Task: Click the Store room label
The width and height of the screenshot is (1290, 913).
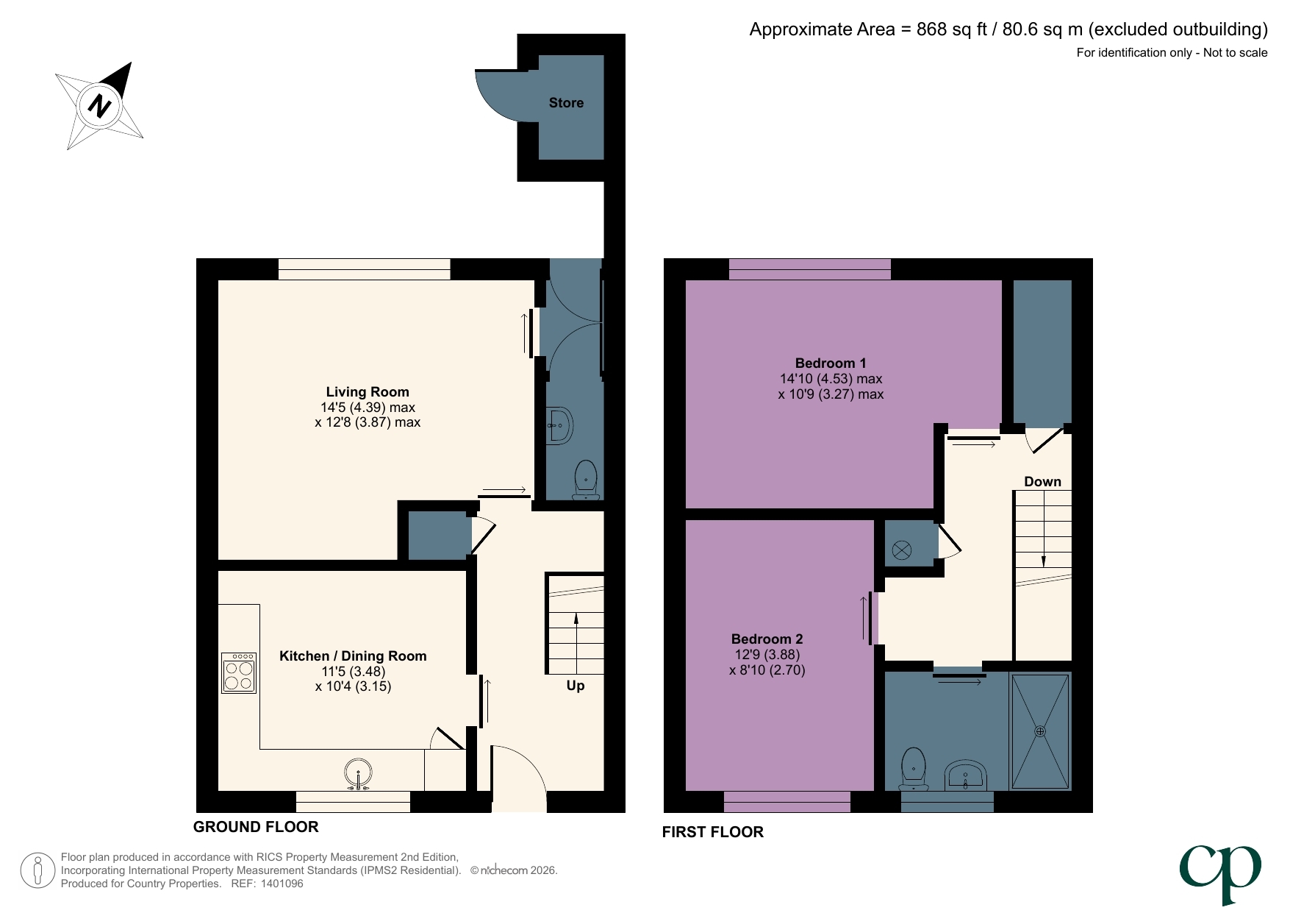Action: click(566, 103)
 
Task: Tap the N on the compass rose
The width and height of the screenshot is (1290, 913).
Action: click(99, 106)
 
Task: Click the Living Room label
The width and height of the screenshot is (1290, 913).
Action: click(368, 392)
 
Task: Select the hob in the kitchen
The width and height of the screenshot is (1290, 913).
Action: click(239, 673)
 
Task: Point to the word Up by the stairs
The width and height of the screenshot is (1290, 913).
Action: click(576, 686)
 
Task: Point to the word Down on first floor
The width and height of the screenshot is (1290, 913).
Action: click(1042, 482)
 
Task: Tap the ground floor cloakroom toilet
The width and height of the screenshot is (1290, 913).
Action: click(586, 479)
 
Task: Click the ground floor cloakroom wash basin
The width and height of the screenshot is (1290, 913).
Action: click(560, 426)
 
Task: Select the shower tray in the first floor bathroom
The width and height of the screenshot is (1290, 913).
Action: click(1040, 731)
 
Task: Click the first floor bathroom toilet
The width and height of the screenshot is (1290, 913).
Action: click(914, 768)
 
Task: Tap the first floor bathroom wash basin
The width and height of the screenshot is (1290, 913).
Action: click(966, 775)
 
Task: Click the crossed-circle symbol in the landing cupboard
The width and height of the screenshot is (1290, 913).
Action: click(902, 550)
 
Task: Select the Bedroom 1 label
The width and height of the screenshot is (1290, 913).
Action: click(831, 363)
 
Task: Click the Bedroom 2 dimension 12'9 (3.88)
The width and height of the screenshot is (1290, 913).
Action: click(767, 655)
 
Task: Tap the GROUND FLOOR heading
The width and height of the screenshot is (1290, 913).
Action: click(256, 827)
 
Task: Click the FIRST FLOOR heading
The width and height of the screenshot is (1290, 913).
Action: click(712, 832)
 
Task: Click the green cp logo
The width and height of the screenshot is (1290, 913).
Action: click(1220, 872)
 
